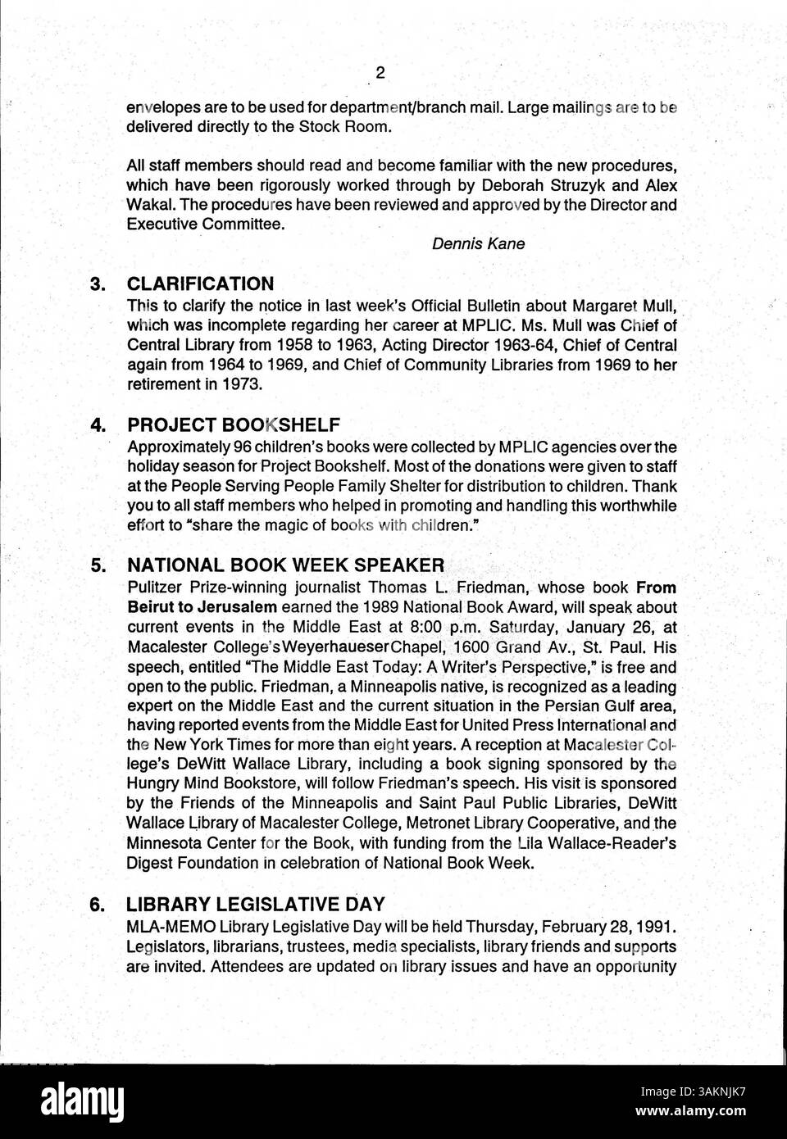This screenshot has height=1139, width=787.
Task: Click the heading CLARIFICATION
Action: pos(200,284)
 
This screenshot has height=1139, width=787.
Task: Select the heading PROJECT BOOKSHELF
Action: pos(233,425)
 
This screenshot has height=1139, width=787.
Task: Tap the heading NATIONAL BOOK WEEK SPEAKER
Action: pos(285,565)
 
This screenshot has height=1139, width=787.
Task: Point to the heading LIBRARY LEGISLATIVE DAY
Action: pos(255,905)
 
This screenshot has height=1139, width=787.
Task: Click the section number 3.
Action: pos(98,284)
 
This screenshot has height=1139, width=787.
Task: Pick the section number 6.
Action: pos(98,905)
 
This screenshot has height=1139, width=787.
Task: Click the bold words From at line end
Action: pos(657,588)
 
